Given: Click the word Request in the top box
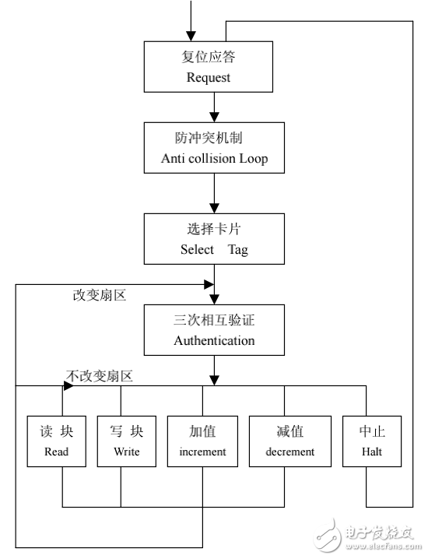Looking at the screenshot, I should (209, 78).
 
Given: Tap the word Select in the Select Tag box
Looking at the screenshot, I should (196, 250).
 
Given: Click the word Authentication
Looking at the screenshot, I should (214, 340).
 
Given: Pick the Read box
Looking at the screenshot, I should (56, 441).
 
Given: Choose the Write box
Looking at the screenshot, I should (126, 441).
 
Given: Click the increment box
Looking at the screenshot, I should (202, 441).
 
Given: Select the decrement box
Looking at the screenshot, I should (284, 441).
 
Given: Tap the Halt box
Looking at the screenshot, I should (372, 441).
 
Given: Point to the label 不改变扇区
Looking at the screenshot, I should (99, 376).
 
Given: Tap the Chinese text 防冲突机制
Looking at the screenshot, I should (214, 139).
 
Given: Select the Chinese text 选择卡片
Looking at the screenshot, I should (214, 230).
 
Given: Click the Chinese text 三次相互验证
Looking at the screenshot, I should (214, 321).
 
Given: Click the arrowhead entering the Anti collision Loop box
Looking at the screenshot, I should (214, 116).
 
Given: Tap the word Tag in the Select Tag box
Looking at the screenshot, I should (237, 250).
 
